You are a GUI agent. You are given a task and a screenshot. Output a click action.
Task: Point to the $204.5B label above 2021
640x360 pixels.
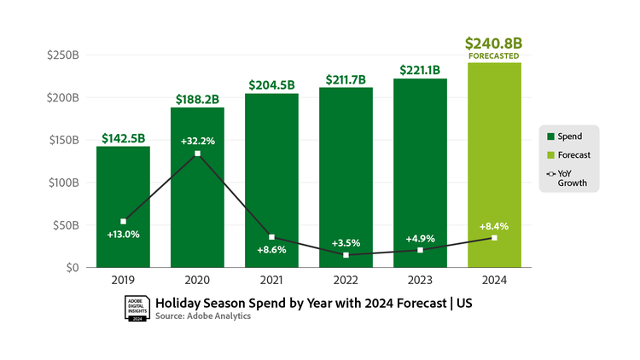click(271, 84)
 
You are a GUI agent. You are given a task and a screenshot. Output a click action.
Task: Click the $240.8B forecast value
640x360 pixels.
click(494, 44)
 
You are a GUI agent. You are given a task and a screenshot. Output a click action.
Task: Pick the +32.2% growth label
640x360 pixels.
click(197, 140)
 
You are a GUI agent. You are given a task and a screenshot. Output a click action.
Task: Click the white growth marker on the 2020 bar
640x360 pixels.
click(198, 154)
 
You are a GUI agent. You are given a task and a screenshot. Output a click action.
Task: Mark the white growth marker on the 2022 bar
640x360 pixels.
click(346, 255)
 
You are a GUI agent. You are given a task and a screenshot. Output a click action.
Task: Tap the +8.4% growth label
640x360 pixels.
click(494, 226)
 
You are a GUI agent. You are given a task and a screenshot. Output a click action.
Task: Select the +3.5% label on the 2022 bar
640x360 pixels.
click(346, 243)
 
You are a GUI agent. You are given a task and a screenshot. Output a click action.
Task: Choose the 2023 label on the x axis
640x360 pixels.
click(420, 279)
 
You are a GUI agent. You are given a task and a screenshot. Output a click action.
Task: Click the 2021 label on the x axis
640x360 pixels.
click(271, 279)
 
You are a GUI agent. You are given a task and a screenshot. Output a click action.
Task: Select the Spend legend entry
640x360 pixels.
click(567, 136)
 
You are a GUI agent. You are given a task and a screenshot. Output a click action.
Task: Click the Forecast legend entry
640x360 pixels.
click(570, 155)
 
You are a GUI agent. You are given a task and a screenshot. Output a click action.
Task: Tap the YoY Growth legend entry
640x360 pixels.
click(570, 178)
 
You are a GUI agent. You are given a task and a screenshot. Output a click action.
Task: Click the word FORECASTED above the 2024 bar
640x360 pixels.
click(494, 56)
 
